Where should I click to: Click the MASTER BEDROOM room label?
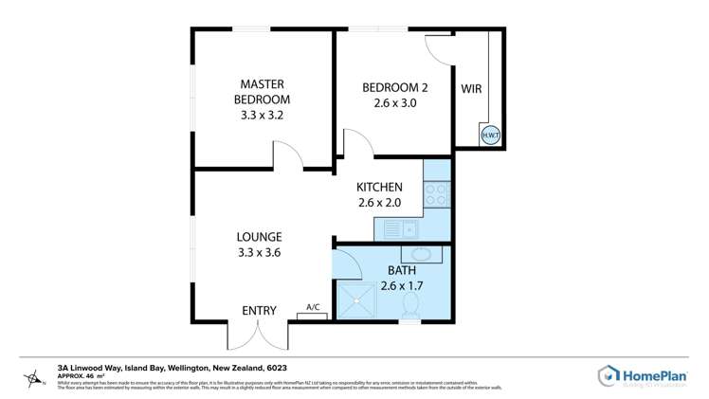point(262,91)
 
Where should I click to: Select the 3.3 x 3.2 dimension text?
point(262,114)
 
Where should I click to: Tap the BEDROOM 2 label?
point(390,88)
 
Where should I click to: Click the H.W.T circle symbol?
point(490,136)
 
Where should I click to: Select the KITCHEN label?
point(379,187)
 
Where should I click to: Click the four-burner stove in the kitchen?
point(437,194)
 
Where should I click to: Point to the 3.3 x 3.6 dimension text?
point(259,253)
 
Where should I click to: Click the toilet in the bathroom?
point(410,305)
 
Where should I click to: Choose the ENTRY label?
point(259,310)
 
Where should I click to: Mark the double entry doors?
point(257,334)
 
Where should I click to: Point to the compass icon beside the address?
point(35,380)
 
